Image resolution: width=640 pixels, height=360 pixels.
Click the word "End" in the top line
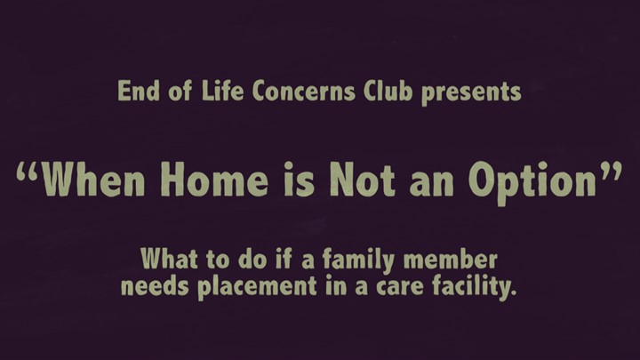click(139, 91)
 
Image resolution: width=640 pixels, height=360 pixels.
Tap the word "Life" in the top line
click(222, 90)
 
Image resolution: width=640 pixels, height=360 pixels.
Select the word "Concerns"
click(304, 91)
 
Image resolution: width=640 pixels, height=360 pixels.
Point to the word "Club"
click(388, 90)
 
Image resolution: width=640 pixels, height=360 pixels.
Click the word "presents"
click(471, 93)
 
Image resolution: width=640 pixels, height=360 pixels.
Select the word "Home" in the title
click(215, 180)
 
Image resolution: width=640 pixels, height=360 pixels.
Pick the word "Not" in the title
click(363, 180)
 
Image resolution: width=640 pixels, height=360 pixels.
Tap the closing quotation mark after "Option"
click(611, 172)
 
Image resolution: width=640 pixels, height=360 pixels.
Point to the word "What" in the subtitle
click(170, 259)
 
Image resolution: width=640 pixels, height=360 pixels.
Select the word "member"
click(450, 259)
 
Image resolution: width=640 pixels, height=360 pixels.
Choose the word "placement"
click(258, 288)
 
